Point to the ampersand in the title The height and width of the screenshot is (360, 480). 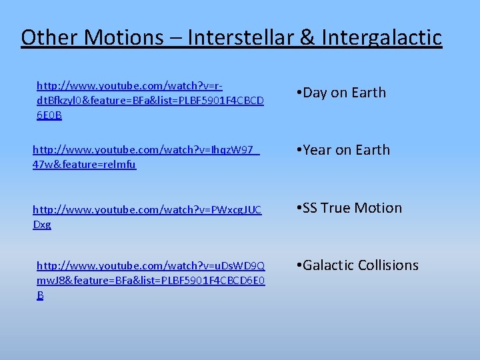[307, 37]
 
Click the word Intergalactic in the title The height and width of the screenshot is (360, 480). [381, 38]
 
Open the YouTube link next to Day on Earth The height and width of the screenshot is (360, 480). [149, 101]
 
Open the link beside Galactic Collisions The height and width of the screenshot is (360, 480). [150, 280]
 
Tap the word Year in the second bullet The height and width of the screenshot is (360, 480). [317, 150]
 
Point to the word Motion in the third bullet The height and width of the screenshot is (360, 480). [380, 208]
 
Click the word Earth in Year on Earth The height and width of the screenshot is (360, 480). [372, 150]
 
